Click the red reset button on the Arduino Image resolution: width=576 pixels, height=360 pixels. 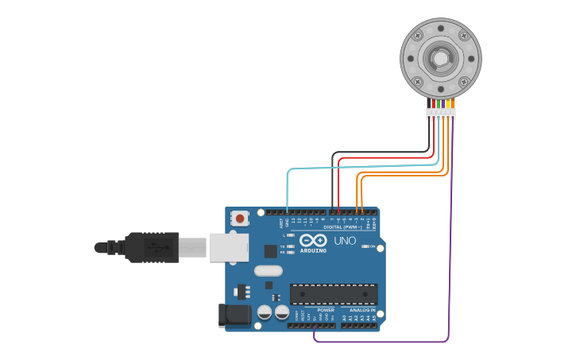[x=239, y=218]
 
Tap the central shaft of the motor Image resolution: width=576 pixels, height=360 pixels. [x=440, y=58]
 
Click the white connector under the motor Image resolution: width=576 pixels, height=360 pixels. [x=440, y=114]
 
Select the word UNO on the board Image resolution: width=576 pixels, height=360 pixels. [x=345, y=241]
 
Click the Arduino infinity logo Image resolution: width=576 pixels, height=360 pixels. [x=313, y=240]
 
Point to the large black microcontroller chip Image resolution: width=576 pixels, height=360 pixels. [x=333, y=294]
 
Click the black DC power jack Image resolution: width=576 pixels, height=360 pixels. [x=235, y=315]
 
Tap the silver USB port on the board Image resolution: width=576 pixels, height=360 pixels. [x=229, y=247]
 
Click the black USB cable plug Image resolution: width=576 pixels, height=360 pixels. [x=152, y=247]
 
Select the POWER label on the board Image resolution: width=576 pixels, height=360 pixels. [x=326, y=310]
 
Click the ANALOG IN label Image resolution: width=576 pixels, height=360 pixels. [x=362, y=310]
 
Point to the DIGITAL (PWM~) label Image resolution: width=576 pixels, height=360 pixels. [x=342, y=227]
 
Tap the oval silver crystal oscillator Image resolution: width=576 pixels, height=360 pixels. [x=269, y=270]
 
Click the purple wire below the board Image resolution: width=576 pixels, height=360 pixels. [x=381, y=342]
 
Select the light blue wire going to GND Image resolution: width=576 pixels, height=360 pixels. [x=288, y=191]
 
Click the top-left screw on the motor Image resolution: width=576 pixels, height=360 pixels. [x=416, y=35]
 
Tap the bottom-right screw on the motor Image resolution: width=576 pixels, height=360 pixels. [x=464, y=82]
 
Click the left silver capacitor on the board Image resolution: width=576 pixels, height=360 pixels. [x=264, y=312]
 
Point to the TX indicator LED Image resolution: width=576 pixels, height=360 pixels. [x=291, y=246]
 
